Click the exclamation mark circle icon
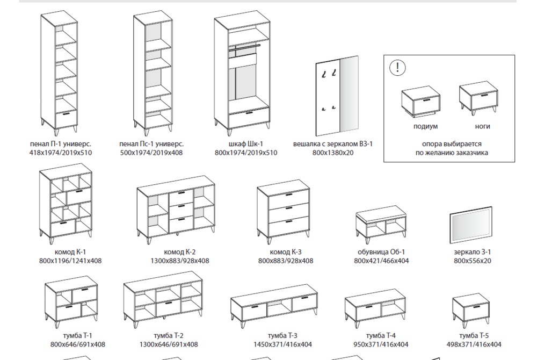[x=397, y=67]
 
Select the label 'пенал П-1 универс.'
[x=60, y=144]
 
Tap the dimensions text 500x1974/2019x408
[x=151, y=153]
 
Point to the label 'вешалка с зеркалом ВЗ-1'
[x=333, y=144]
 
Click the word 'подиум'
[x=425, y=126]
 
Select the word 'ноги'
[x=482, y=126]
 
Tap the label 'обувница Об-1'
[x=381, y=252]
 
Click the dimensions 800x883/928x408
[x=286, y=261]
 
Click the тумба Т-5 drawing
[x=471, y=309]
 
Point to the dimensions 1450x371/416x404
[x=282, y=344]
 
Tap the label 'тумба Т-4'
[x=381, y=336]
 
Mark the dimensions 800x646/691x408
[x=78, y=344]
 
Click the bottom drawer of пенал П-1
[x=66, y=119]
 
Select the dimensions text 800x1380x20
[x=333, y=153]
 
